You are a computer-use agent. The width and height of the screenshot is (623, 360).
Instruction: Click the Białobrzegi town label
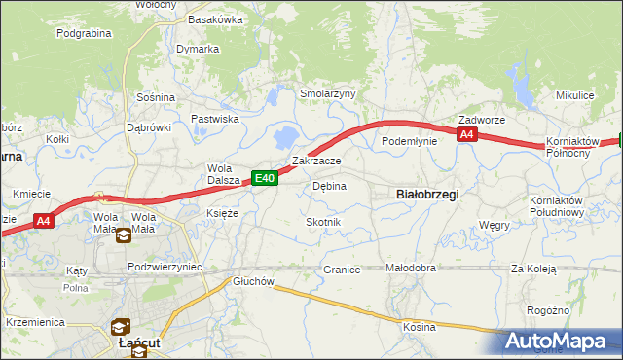coord(428,195)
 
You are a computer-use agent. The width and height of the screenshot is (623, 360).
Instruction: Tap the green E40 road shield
coord(266,178)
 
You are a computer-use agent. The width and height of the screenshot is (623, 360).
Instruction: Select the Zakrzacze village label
coord(316,161)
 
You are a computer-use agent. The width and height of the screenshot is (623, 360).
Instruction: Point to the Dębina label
coord(329,186)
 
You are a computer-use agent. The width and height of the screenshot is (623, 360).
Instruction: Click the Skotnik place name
coord(323,223)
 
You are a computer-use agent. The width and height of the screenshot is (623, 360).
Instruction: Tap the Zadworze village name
coord(482,120)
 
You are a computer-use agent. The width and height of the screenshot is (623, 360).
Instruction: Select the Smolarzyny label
coord(328,94)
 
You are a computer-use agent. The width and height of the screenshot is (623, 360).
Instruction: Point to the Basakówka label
coord(215,19)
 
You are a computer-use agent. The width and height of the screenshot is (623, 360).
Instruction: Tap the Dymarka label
coord(198,49)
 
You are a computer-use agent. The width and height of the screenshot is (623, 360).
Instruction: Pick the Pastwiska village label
coord(215,119)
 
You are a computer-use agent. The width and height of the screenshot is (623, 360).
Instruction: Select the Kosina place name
coord(420,327)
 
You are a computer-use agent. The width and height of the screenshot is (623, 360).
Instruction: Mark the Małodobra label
coord(411,270)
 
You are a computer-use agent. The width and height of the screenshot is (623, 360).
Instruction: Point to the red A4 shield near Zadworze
coord(467,135)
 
